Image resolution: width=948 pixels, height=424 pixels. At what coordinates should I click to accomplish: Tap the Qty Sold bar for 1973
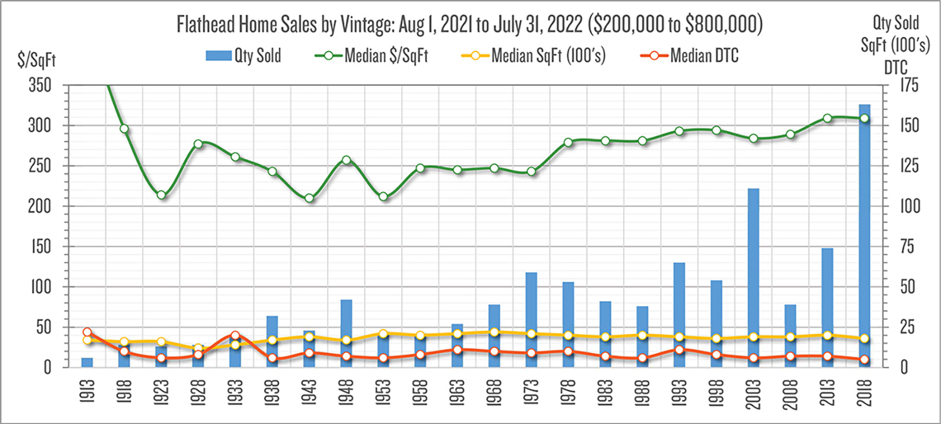[x=531, y=320]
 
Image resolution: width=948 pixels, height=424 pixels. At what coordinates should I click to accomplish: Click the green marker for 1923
[x=161, y=195]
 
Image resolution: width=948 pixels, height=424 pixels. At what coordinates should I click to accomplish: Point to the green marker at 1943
[x=309, y=198]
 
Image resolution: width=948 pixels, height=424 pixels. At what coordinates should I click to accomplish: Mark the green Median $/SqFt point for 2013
[x=827, y=118]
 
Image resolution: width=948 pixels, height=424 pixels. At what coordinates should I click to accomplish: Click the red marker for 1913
[x=87, y=332]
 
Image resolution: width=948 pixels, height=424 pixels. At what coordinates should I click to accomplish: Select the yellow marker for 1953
[x=383, y=334]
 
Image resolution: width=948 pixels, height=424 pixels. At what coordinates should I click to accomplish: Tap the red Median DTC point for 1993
[x=679, y=349]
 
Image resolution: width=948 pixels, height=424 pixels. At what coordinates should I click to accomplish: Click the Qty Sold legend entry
[x=244, y=56]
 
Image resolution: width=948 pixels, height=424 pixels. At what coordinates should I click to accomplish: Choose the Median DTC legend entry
[x=690, y=56]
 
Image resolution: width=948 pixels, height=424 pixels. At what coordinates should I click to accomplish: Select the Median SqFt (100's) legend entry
[x=534, y=56]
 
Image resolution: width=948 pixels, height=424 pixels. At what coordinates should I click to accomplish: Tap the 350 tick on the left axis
[x=40, y=85]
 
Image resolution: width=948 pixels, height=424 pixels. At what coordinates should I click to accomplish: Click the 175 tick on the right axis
[x=909, y=85]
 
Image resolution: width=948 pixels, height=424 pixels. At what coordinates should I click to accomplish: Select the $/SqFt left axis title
[x=37, y=60]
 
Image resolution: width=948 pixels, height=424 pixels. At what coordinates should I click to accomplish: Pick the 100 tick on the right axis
[x=910, y=206]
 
